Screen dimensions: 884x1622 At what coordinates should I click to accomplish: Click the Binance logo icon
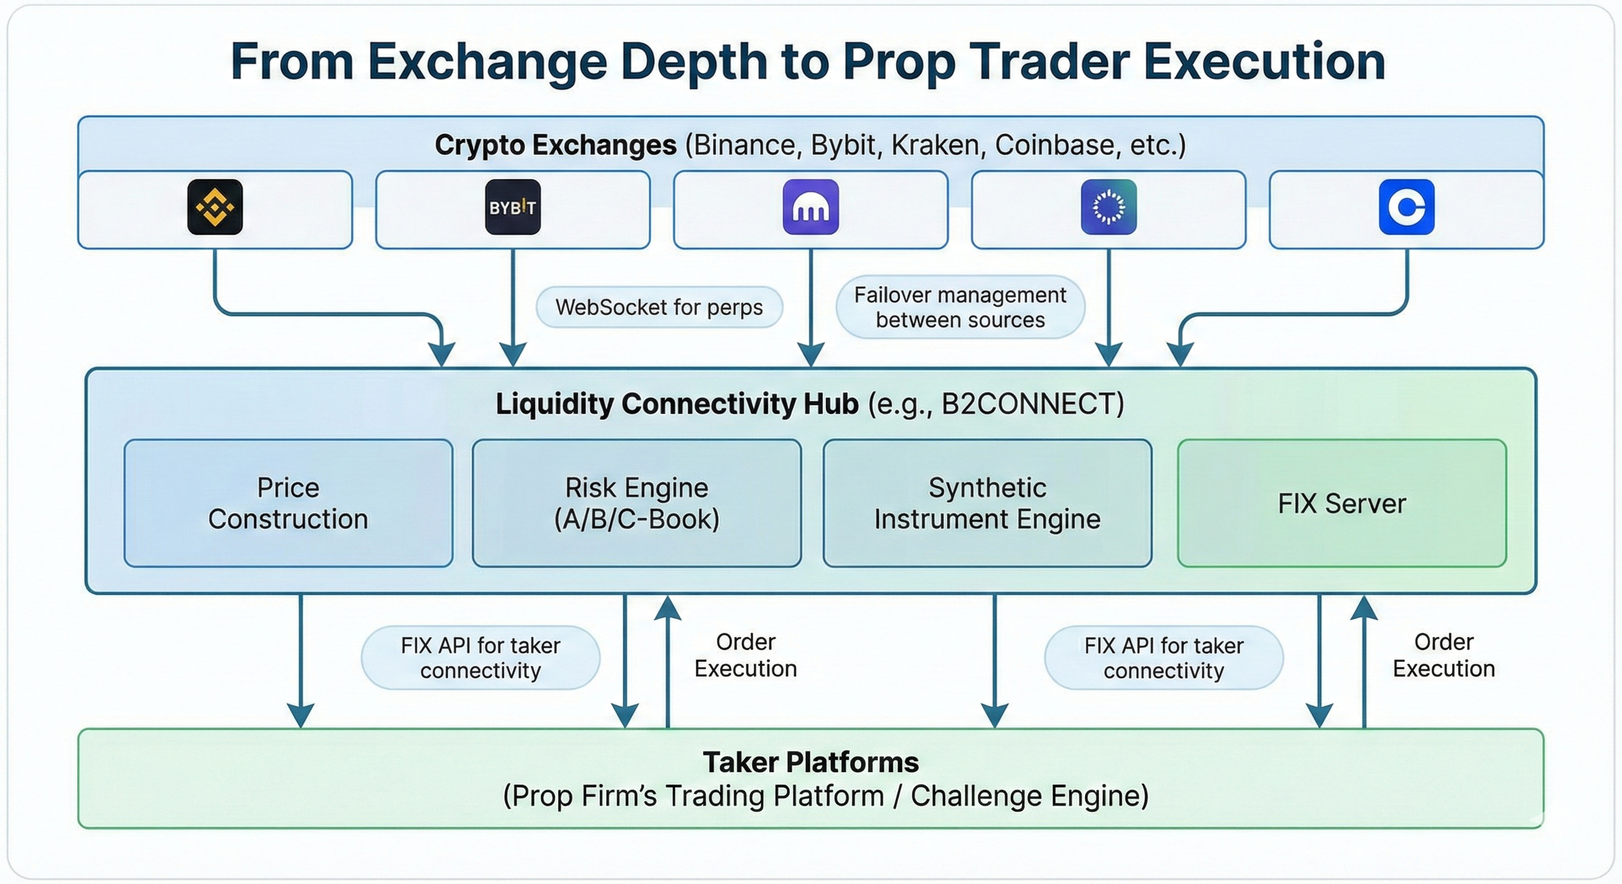point(215,207)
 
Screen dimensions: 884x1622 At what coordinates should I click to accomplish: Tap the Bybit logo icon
point(513,207)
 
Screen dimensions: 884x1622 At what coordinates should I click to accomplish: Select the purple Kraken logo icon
point(810,207)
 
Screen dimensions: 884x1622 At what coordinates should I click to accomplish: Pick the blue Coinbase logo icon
point(1406,207)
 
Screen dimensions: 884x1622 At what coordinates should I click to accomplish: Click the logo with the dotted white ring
point(1108,207)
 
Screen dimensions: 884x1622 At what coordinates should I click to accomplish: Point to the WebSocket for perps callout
point(658,307)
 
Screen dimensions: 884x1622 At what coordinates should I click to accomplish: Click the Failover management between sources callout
point(960,307)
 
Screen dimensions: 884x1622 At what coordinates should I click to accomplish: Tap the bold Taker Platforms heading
point(810,762)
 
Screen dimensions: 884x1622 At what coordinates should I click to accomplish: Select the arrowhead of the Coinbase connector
point(1180,353)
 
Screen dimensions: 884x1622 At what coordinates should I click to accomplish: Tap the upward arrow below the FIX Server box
point(1364,661)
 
